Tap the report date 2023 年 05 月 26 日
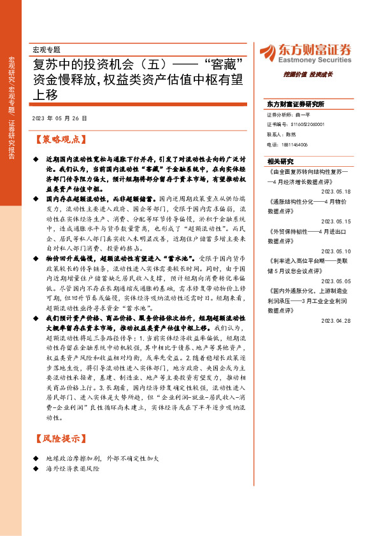coord(59,118)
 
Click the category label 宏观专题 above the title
coord(50,49)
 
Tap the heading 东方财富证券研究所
coord(296,104)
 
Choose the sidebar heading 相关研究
coord(281,162)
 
